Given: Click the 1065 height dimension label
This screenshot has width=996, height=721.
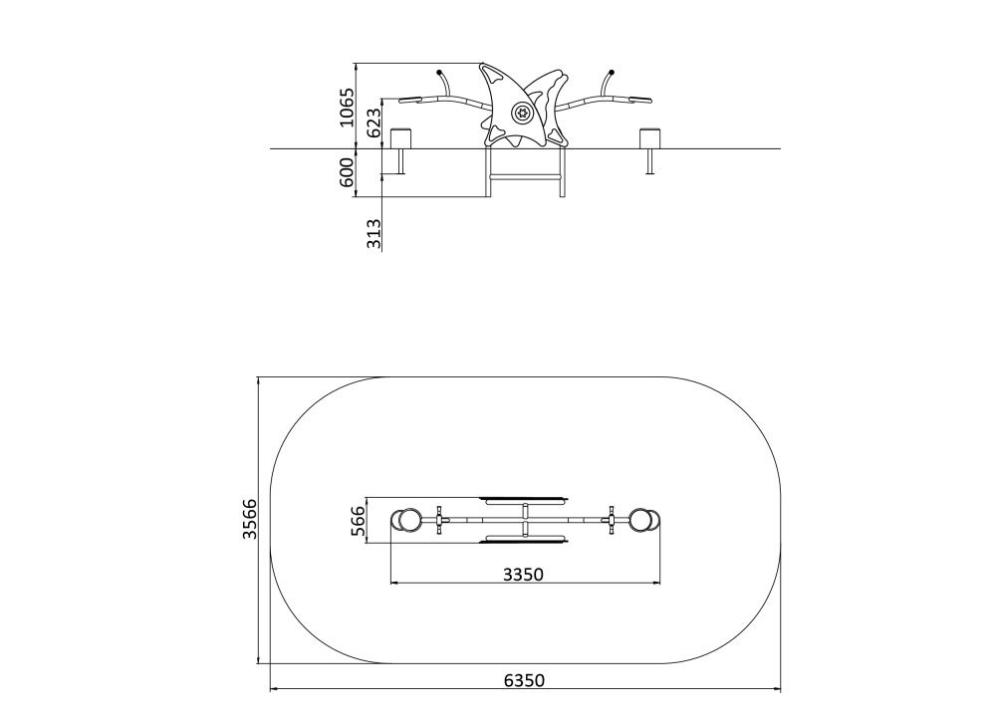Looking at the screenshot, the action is point(347,108).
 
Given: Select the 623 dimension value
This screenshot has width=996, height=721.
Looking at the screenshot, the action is point(374,122).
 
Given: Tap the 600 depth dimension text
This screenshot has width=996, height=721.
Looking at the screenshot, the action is point(347,172).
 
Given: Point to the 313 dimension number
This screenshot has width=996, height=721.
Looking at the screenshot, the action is point(374,233).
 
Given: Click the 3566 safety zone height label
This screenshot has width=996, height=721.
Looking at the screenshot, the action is point(250,519).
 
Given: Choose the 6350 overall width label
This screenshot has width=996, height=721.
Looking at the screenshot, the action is point(524,680).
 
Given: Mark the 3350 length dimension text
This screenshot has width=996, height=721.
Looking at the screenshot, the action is point(524,575).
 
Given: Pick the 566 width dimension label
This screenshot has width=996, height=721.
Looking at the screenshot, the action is point(359,521).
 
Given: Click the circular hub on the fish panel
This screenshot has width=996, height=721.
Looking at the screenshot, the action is point(522,114).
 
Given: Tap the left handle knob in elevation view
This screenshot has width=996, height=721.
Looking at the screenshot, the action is point(439,71).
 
